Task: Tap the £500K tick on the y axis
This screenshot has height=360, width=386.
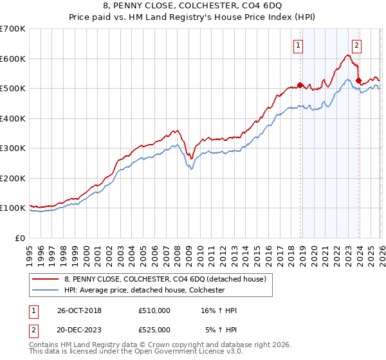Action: (13, 89)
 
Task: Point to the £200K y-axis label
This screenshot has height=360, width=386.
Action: (13, 178)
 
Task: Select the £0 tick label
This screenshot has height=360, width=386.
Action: (21, 238)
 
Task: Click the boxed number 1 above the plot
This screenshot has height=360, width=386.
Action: (299, 45)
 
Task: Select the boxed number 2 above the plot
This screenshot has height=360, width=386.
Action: (356, 45)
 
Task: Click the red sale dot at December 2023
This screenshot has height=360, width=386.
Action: (358, 81)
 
